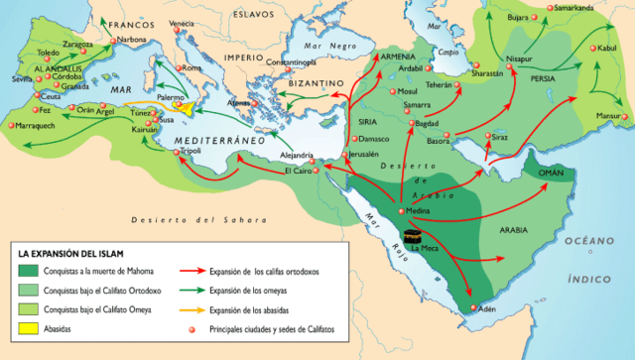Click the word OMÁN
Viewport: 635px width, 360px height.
point(552,173)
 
